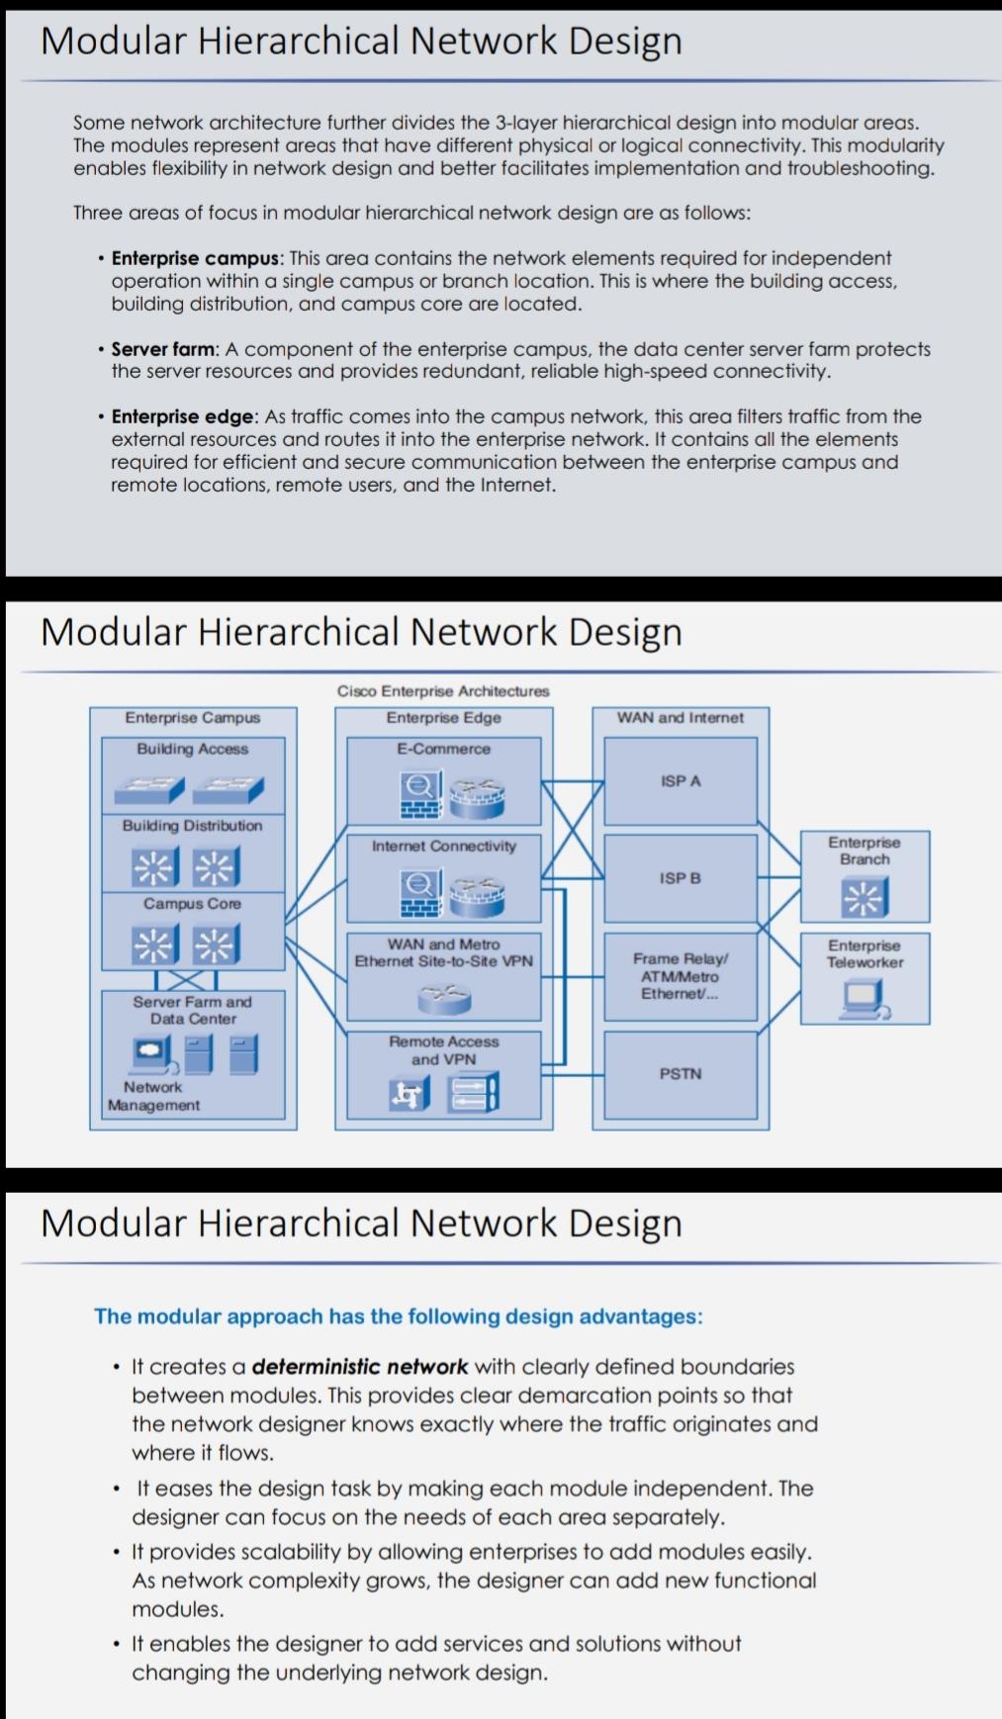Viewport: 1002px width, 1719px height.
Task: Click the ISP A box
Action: click(x=681, y=781)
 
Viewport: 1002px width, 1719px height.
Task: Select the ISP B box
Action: click(x=681, y=878)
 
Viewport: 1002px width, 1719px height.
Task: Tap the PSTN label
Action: click(x=681, y=1073)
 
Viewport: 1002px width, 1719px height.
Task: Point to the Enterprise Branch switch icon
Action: click(x=865, y=897)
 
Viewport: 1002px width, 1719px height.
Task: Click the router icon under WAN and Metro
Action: click(x=444, y=997)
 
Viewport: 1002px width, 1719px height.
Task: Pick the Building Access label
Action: click(x=193, y=749)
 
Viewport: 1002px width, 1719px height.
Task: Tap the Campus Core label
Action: click(x=193, y=903)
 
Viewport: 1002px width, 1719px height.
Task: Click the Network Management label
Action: click(x=153, y=1096)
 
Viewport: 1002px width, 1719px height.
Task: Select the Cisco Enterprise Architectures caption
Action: click(x=443, y=691)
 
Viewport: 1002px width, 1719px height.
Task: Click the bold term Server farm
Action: click(x=162, y=349)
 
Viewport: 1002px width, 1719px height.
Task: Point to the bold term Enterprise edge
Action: click(x=183, y=416)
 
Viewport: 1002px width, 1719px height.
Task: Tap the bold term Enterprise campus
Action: click(x=195, y=258)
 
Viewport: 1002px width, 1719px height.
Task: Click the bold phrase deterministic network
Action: click(x=359, y=1367)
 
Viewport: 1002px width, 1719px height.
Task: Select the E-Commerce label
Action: click(x=443, y=749)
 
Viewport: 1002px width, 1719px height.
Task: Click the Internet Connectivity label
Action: click(x=444, y=846)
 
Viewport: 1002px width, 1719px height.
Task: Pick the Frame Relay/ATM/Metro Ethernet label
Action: click(x=681, y=975)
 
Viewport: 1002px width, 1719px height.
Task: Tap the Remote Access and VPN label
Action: click(x=444, y=1050)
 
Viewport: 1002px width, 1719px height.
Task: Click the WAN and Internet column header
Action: click(x=681, y=717)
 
